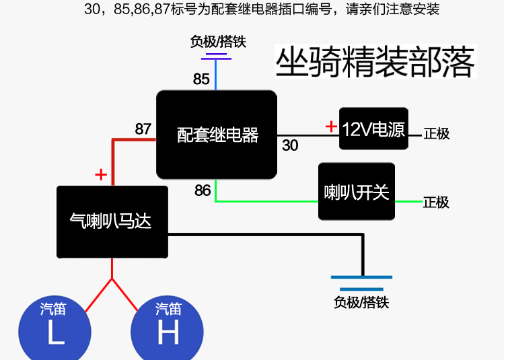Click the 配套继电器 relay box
click(217, 135)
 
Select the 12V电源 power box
click(373, 128)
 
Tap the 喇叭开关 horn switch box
click(357, 192)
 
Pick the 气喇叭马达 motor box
click(112, 222)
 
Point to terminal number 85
click(201, 79)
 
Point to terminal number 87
click(143, 129)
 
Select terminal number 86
click(203, 190)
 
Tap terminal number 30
click(290, 145)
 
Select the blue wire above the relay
click(215, 75)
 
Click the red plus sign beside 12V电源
click(330, 126)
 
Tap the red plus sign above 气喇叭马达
click(101, 176)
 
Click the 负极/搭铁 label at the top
click(218, 42)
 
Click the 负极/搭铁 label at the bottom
click(361, 302)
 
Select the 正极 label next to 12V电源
click(437, 133)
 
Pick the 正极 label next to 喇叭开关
click(437, 202)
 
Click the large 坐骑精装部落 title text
click(375, 62)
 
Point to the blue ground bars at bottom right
click(361, 283)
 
